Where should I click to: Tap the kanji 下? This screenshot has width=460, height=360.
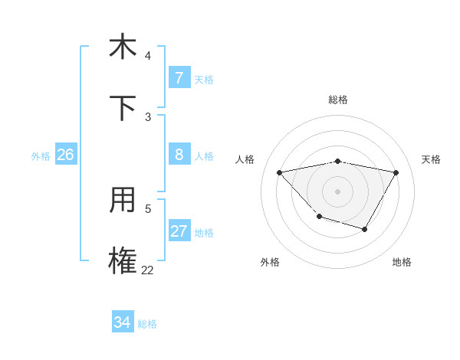click(123, 107)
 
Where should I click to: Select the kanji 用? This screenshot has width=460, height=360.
click(123, 201)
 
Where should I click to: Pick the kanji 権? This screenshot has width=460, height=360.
click(123, 261)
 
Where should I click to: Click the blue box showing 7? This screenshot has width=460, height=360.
click(179, 78)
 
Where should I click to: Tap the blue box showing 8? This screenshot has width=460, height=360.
click(179, 155)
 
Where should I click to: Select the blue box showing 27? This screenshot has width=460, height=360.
click(179, 231)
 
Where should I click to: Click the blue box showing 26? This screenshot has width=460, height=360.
click(65, 155)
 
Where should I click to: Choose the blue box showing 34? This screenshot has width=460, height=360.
click(122, 322)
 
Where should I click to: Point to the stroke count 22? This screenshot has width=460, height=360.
click(147, 270)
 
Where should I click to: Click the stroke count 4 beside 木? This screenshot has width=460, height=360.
click(148, 55)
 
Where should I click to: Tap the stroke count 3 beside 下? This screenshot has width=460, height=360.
click(148, 116)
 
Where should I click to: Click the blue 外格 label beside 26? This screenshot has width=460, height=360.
click(41, 155)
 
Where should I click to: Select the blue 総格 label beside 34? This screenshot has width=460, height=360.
click(147, 324)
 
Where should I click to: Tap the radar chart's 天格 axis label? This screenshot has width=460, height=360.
click(431, 159)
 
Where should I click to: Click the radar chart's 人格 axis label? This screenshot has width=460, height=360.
click(245, 159)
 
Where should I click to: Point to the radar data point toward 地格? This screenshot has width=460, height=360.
click(365, 229)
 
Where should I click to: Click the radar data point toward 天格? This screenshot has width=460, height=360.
click(396, 172)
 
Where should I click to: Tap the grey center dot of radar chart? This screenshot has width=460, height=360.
click(337, 191)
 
